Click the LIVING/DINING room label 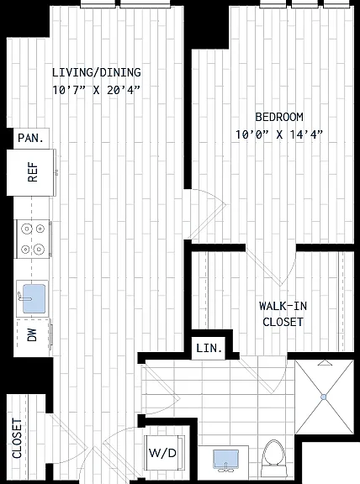tap(97, 72)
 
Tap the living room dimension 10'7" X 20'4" tap(97, 90)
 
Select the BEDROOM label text tap(279, 117)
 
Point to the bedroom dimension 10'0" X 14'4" tap(279, 134)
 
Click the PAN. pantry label tap(30, 138)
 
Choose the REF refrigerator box tap(31, 172)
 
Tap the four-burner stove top tap(33, 239)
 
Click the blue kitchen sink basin tap(34, 298)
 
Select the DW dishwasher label tap(32, 335)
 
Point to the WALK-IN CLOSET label tap(283, 314)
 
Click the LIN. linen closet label tap(209, 349)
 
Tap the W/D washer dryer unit tap(164, 453)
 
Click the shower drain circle tap(324, 397)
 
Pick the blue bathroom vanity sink tap(226, 459)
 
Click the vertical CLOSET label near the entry tap(17, 438)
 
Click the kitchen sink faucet tap(24, 297)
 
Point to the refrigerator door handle tap(57, 172)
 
